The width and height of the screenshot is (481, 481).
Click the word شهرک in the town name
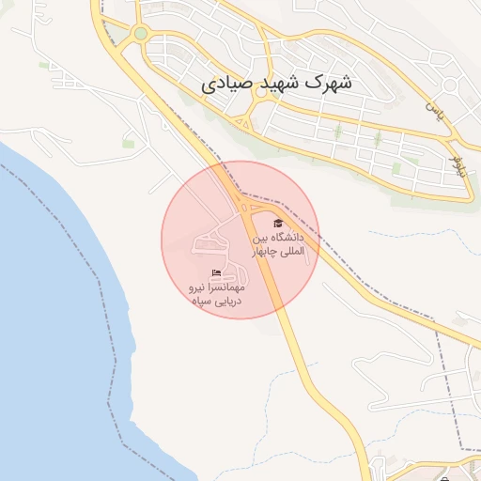[x=331, y=83]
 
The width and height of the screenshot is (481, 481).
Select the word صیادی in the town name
[x=226, y=84]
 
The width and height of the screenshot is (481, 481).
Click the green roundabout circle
[x=140, y=34]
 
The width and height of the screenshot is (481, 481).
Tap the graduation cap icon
[x=277, y=224]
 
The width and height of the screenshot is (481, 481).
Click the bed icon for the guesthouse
[x=217, y=273]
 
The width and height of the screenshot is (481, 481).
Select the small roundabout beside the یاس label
[x=450, y=87]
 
